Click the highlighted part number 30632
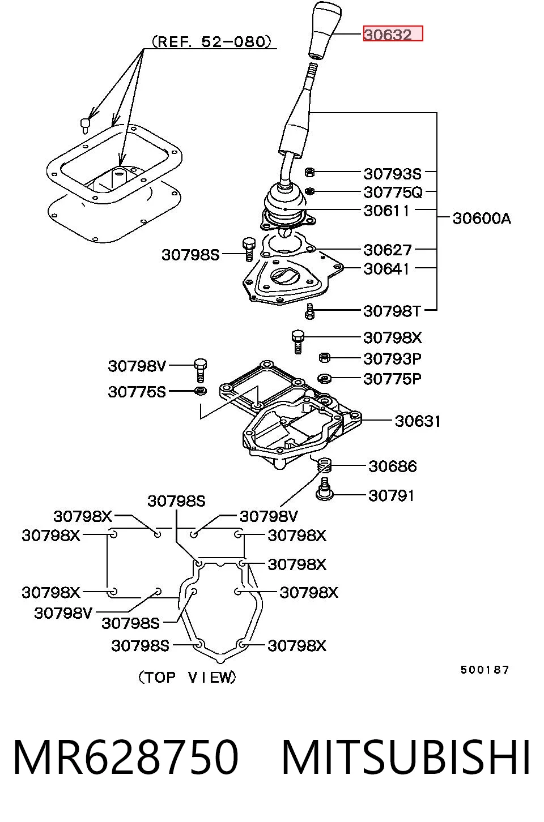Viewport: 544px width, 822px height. pos(388,35)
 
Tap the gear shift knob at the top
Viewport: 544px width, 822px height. pos(324,29)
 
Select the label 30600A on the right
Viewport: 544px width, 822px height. pos(482,219)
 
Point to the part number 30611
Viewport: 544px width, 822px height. pos(386,211)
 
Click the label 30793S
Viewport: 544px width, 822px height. pos(392,174)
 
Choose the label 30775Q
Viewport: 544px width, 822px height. pos(393,192)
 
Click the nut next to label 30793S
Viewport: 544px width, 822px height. pos(309,172)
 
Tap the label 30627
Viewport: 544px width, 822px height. pos(388,250)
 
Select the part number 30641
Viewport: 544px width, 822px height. pos(386,269)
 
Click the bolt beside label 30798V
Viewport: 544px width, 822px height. pos(200,370)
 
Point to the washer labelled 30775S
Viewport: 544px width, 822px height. pos(201,391)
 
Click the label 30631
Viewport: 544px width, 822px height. pos(418,421)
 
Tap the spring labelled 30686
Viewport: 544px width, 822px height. pos(325,466)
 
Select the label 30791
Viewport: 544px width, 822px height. pos(391,496)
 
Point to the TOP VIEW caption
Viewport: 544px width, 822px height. pos(188,677)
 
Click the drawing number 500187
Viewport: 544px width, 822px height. pos(485,670)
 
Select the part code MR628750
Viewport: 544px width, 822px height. pos(126,756)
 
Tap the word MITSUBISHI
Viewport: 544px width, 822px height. pos(406,756)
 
